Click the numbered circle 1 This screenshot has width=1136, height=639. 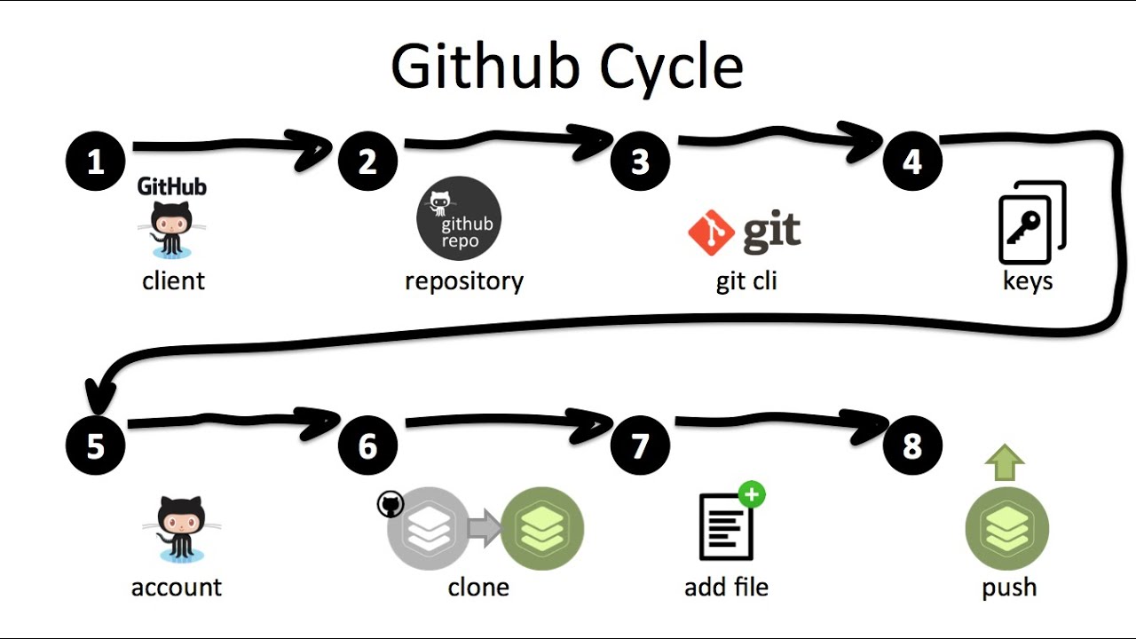(x=96, y=162)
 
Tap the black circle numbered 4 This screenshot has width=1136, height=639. (x=912, y=162)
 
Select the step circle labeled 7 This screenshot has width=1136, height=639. (x=640, y=446)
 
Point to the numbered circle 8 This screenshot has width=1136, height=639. (x=912, y=446)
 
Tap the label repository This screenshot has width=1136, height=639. (x=464, y=281)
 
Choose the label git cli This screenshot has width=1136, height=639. (x=745, y=281)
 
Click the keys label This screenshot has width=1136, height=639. (x=1028, y=281)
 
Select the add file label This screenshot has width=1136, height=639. (x=726, y=587)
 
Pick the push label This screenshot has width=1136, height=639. (x=1009, y=587)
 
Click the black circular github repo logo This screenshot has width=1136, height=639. (x=459, y=218)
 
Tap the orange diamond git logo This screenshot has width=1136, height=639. (x=711, y=233)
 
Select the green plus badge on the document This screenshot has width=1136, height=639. (x=752, y=494)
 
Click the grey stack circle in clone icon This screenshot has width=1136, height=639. (x=430, y=530)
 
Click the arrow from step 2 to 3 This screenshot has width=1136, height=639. (x=506, y=140)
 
